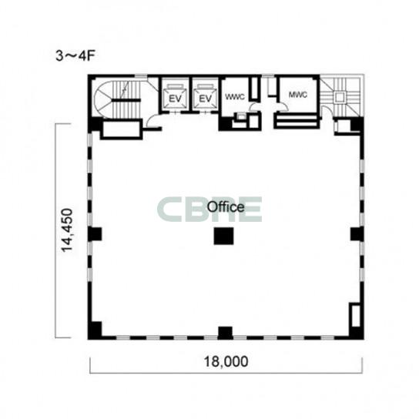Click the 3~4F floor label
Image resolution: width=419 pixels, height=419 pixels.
pos(75,56)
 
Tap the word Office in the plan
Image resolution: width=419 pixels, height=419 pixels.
pos(226,207)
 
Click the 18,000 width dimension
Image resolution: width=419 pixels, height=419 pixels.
pos(226,361)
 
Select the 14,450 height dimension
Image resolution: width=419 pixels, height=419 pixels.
pos(67,230)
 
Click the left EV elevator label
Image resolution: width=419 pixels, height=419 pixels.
pos(175,99)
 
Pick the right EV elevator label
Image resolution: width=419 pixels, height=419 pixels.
pos(205,99)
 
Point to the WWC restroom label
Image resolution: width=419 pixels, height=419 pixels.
pos(235,97)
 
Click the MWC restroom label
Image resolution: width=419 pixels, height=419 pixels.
pos(298,95)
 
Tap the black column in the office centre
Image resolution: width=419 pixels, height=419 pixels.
pos(223,236)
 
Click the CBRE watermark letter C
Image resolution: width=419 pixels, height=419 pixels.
pos(169,209)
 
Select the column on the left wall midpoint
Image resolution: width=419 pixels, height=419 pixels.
pos(96,234)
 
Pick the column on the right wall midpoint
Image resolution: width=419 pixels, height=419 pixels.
pos(357,234)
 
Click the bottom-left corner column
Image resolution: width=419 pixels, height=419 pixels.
pos(96,330)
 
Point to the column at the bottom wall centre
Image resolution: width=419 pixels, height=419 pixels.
pos(225,333)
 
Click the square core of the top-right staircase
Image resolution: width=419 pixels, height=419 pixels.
pos(340,97)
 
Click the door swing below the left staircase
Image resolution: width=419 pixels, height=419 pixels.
pos(153,120)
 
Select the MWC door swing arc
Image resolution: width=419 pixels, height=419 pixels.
pos(283,107)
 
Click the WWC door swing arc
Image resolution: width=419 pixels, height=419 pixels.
pos(253,107)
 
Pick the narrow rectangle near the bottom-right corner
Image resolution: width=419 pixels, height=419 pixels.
pos(356,316)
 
